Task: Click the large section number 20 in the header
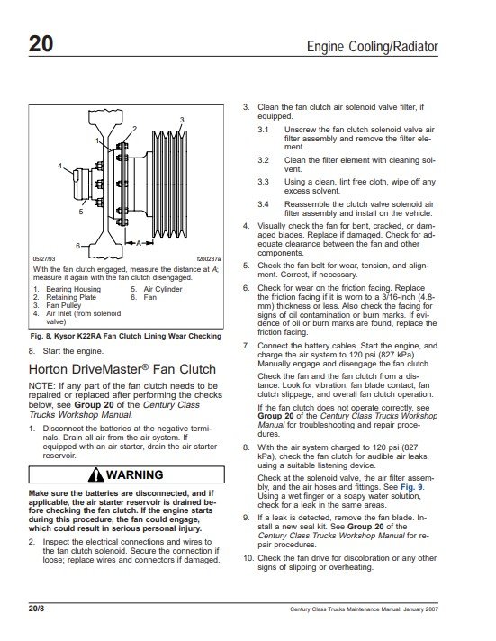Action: (x=41, y=43)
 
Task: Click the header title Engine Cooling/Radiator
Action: (x=372, y=46)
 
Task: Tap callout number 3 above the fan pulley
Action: (x=182, y=120)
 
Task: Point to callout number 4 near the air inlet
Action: (x=59, y=166)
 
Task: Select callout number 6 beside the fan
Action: (x=77, y=246)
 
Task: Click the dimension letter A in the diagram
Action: (x=139, y=243)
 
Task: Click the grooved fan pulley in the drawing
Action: (x=169, y=184)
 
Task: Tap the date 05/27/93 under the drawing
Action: (x=44, y=259)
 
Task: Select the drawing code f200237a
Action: (x=209, y=259)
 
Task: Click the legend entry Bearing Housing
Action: (x=73, y=289)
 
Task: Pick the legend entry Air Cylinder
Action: (x=163, y=289)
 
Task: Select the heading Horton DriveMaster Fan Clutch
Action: (x=122, y=369)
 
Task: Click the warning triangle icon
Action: (x=96, y=474)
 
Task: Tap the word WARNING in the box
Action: (x=134, y=474)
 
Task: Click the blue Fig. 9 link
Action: (x=411, y=487)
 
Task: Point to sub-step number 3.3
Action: (x=263, y=182)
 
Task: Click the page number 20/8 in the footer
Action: (x=36, y=609)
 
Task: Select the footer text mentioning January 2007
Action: (x=364, y=609)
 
